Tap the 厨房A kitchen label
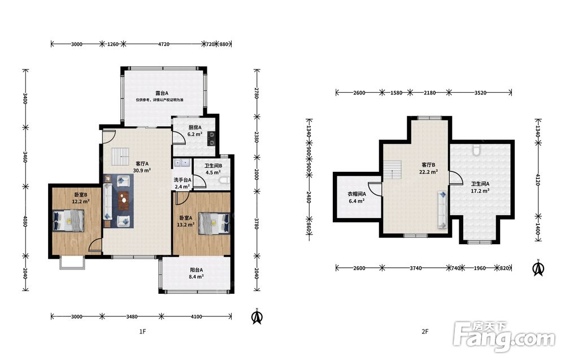coord(195,127)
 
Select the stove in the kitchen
coord(211,138)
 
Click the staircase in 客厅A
coord(120,157)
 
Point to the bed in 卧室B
coord(69,220)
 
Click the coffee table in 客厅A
coord(124,199)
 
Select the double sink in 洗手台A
coord(182,163)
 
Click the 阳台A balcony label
coord(197,270)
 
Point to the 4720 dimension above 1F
coord(164,44)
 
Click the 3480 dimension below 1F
coord(132,316)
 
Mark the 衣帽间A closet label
coord(357,194)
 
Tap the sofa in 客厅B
coord(442,210)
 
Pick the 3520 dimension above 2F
coord(480,93)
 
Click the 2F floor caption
coord(425,332)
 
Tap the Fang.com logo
coord(504,336)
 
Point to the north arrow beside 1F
coord(257,316)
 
